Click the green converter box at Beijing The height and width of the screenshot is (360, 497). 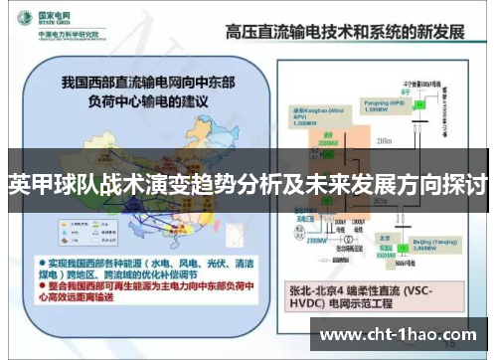[417, 228]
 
